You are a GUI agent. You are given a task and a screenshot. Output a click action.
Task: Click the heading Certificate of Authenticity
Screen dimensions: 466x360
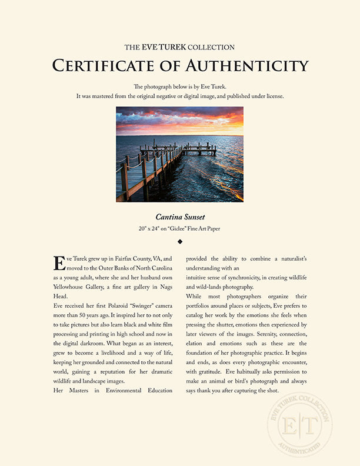180,65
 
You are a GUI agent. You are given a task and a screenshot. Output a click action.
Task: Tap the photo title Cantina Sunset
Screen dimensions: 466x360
180,217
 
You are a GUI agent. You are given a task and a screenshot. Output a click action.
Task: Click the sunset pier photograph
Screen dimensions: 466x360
180,154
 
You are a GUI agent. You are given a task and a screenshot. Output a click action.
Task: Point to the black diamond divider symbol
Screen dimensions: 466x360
180,241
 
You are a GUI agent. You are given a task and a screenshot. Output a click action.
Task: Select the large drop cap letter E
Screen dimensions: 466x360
59,263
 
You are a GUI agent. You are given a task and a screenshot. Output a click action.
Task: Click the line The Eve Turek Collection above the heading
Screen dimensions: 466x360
180,46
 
